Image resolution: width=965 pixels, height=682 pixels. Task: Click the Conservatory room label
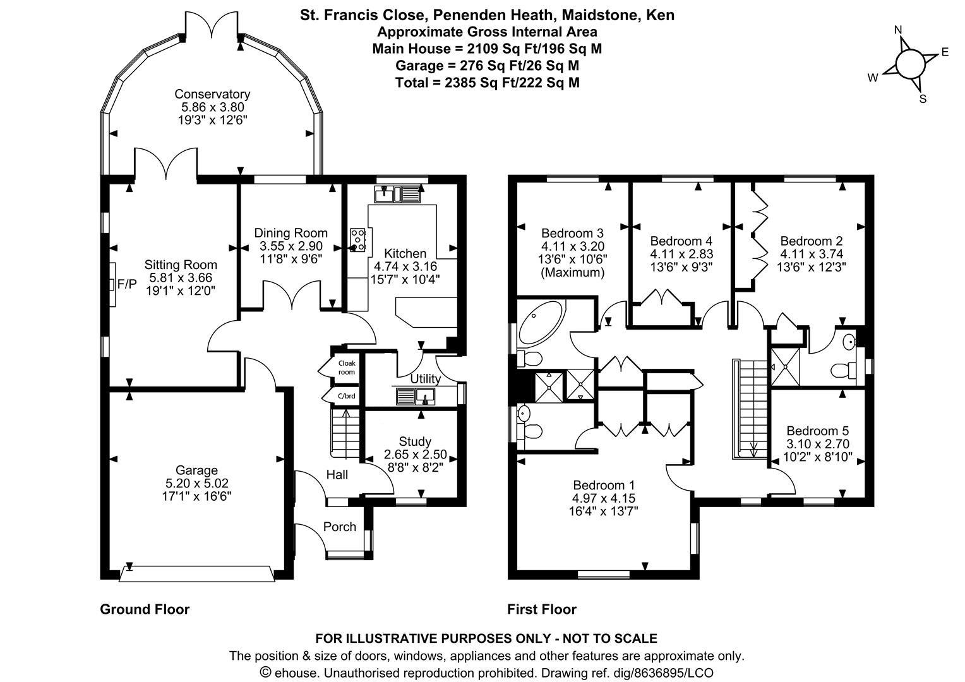pos(212,94)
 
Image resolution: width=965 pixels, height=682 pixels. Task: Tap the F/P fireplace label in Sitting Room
pos(127,284)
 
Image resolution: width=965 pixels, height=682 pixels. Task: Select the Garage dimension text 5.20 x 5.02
pos(197,483)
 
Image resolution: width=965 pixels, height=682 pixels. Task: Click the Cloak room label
pos(347,368)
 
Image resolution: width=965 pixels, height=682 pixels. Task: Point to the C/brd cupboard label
pos(347,396)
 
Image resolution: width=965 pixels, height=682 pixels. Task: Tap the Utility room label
pos(425,379)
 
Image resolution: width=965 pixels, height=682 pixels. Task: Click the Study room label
pos(415,441)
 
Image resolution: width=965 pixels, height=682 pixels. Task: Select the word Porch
pos(340,527)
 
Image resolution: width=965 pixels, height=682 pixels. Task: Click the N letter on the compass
pos(898,30)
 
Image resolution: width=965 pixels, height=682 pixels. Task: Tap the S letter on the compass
pos(923,99)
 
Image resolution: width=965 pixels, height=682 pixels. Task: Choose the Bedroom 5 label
pos(818,431)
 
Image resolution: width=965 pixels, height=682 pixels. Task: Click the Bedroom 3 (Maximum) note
pos(572,272)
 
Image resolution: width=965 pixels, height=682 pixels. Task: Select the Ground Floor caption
pos(145,609)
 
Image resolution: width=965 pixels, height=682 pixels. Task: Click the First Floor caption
pos(541,609)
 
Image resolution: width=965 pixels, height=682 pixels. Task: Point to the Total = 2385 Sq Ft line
pos(488,82)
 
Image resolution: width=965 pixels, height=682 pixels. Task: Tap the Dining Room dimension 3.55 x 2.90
pos(291,246)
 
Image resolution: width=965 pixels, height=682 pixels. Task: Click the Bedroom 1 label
pos(604,485)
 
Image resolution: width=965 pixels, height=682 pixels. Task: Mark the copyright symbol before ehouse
pos(265,672)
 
